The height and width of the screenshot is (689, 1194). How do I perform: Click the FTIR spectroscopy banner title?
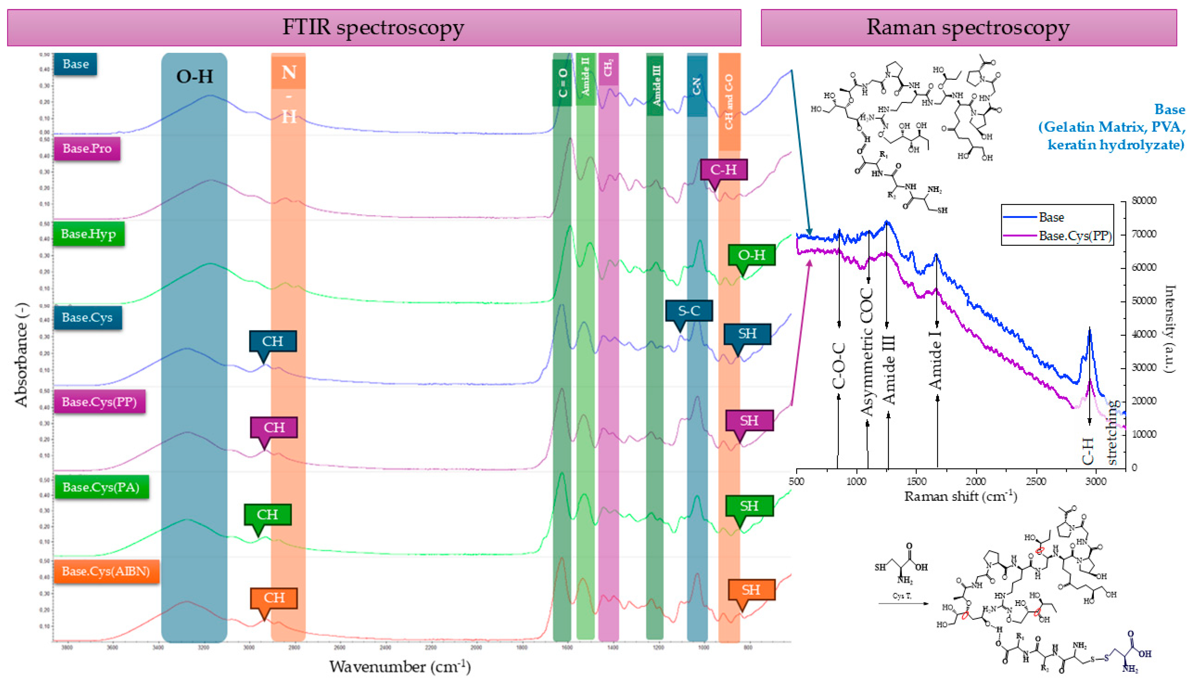point(373,28)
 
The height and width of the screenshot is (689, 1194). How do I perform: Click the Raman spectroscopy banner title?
point(968,28)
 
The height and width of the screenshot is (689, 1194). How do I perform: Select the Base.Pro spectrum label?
point(87,149)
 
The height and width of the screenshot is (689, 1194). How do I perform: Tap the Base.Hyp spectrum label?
point(88,234)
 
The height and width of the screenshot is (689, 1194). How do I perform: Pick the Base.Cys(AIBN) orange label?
point(106,571)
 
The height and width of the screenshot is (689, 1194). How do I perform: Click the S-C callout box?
point(689,311)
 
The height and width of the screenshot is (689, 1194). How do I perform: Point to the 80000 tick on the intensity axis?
point(1144,201)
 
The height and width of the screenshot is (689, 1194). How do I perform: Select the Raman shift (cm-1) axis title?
point(960,496)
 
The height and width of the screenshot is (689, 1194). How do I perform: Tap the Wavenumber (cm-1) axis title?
point(400,666)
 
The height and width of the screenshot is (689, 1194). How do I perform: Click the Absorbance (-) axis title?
point(21,355)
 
